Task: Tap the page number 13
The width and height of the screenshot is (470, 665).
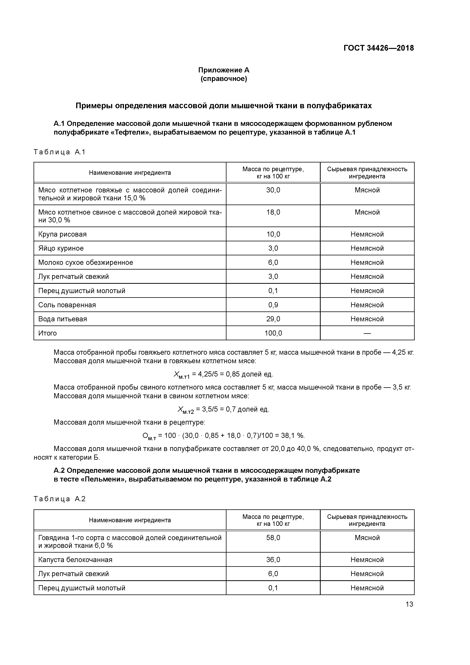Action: pos(409,604)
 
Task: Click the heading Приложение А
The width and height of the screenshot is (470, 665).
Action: pos(224,70)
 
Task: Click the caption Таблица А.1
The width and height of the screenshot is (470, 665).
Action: pos(59,152)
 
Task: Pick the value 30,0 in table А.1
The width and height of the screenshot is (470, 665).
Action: pos(273,190)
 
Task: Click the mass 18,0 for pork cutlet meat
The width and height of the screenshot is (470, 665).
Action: pos(273,212)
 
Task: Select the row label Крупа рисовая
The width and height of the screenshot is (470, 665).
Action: pos(62,234)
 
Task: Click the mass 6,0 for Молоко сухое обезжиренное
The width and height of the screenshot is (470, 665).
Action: pos(273,262)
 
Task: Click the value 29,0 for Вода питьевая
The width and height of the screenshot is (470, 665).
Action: pos(273,319)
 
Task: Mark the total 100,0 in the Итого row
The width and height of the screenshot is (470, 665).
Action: pos(273,333)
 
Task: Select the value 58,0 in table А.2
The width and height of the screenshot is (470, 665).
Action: pos(273,538)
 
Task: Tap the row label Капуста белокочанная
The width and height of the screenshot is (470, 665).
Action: pos(75,560)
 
